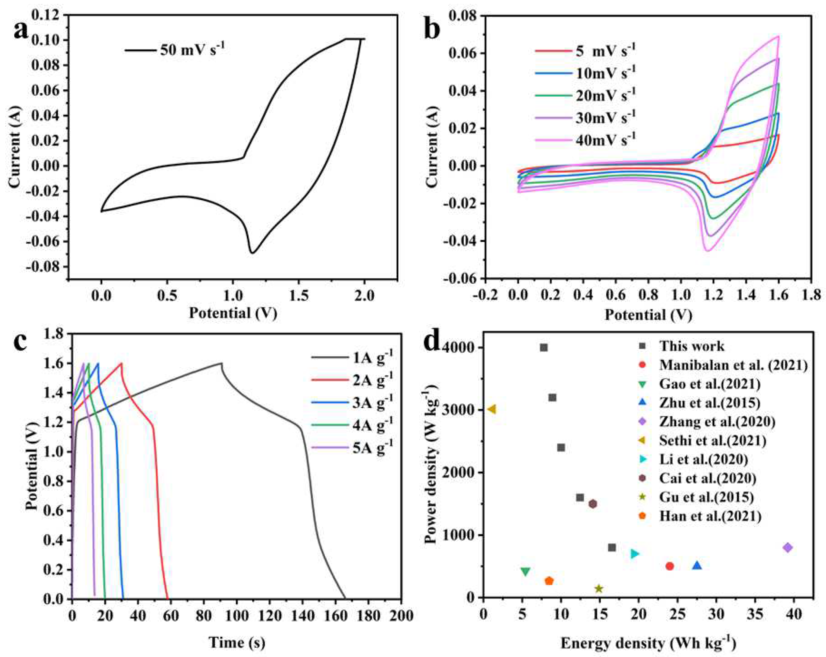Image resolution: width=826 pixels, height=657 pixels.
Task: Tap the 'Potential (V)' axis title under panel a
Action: coord(233,313)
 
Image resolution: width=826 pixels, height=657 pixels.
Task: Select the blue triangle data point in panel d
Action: coord(697,565)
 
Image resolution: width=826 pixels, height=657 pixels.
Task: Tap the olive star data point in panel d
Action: coord(599,588)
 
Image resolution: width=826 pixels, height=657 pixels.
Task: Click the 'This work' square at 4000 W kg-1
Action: coord(543,348)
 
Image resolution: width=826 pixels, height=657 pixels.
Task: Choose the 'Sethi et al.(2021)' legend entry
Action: coord(713,441)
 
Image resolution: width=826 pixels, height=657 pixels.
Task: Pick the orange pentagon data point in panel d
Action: coord(549,581)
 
